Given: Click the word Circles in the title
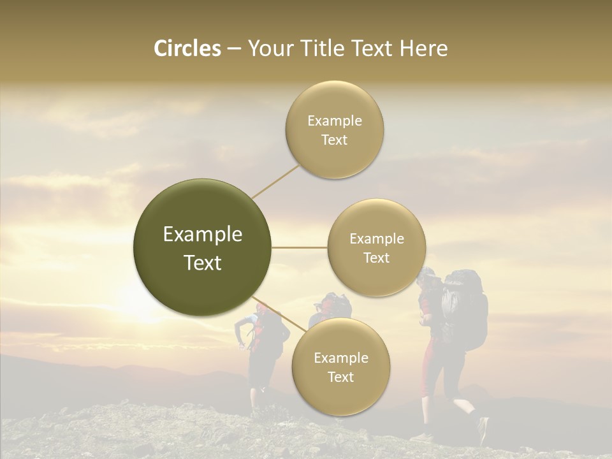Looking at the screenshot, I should click(x=187, y=48).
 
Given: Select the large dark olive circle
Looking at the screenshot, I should click(x=203, y=247).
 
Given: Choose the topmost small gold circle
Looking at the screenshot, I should click(x=335, y=130).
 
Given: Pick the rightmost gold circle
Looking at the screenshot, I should click(x=377, y=247).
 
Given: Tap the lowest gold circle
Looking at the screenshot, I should click(x=341, y=367).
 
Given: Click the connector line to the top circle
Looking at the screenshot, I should click(x=275, y=181).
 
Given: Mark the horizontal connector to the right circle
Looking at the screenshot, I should click(x=299, y=247).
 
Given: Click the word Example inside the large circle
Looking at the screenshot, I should click(x=203, y=234).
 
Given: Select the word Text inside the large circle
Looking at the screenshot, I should click(x=203, y=263).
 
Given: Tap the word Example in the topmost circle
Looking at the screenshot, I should click(x=335, y=120).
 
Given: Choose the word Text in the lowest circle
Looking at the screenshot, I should click(x=341, y=377).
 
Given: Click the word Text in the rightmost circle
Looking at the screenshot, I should click(x=377, y=258).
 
